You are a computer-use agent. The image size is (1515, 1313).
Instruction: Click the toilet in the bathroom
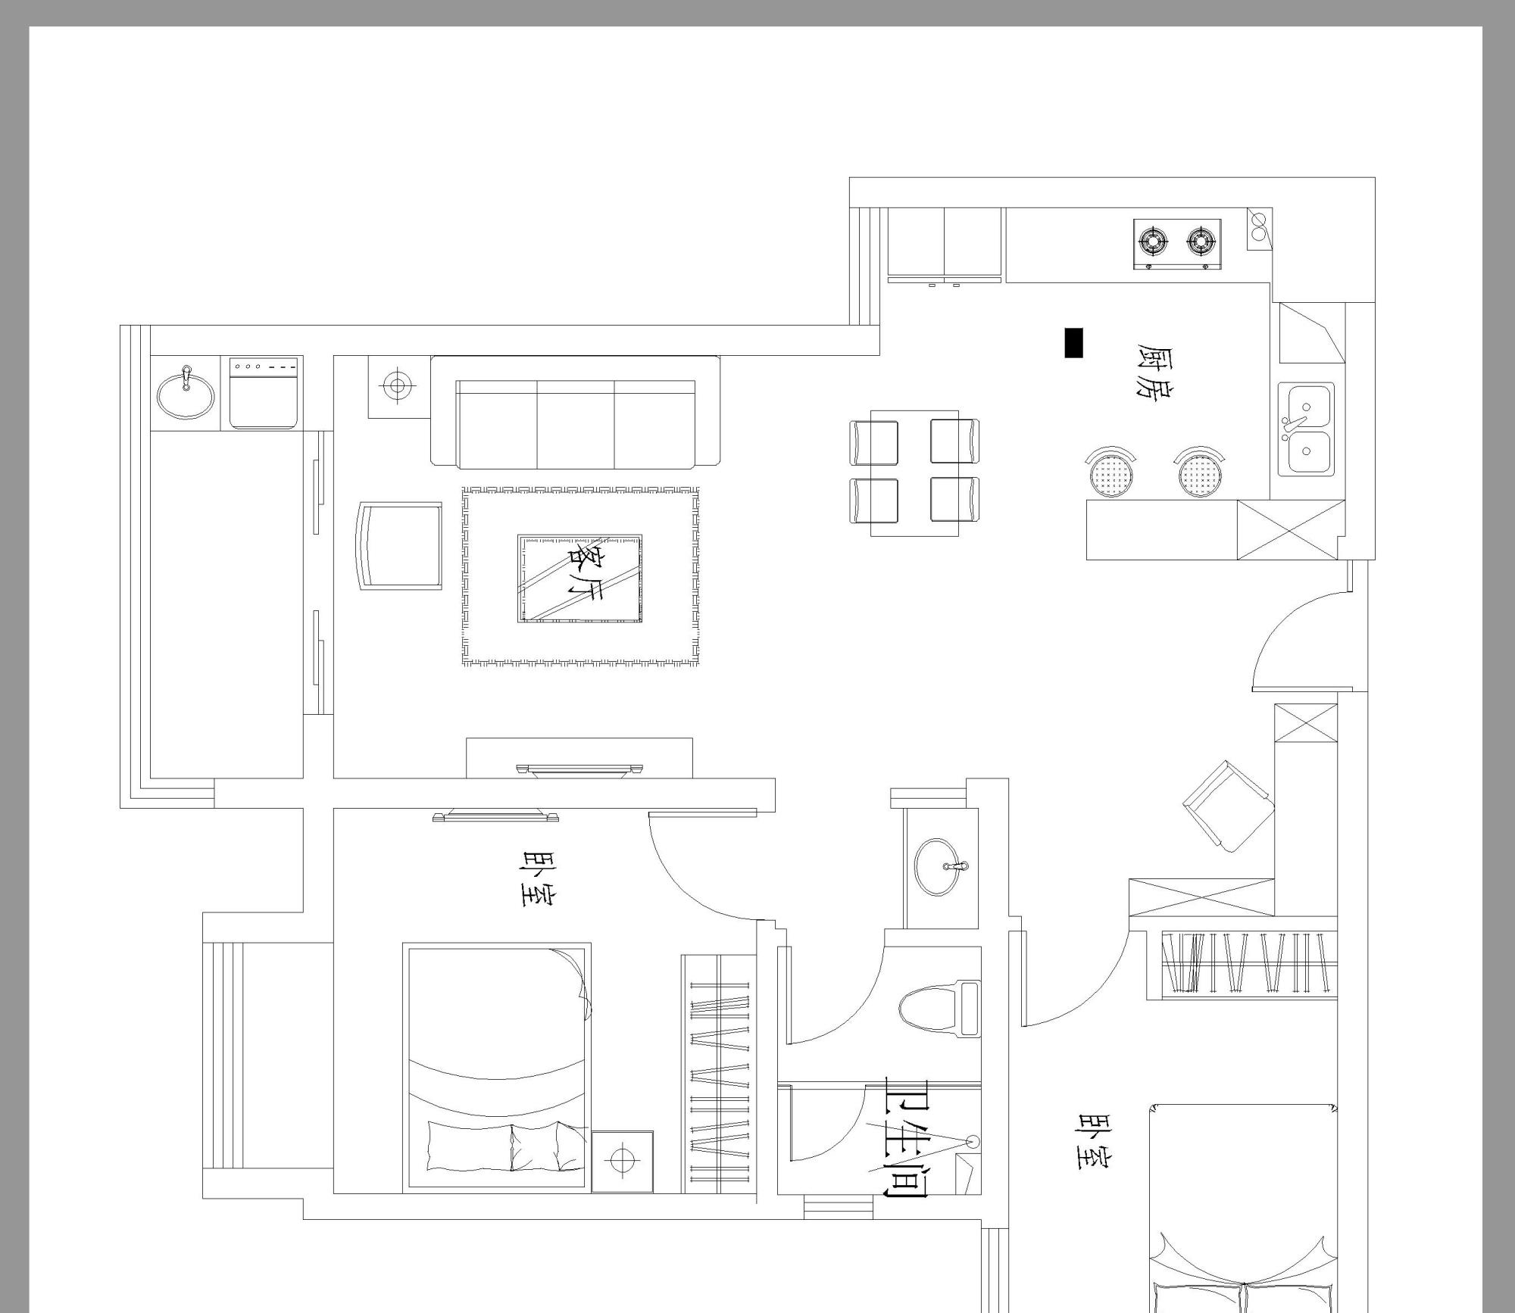(x=939, y=1008)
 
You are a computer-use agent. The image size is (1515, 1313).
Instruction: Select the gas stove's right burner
(x=1201, y=241)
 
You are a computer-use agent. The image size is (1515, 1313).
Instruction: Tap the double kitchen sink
(x=1306, y=429)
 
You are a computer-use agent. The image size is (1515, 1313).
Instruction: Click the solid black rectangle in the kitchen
(x=1073, y=342)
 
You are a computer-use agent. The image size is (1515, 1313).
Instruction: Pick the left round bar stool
(x=1111, y=474)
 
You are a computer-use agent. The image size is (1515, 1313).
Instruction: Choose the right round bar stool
(x=1200, y=474)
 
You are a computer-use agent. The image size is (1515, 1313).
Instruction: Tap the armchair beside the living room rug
(x=400, y=545)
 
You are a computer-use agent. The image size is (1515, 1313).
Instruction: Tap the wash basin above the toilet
(x=942, y=867)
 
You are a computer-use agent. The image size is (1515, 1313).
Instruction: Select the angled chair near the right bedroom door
(x=1229, y=806)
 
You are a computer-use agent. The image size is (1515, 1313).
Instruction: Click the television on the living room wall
(x=579, y=770)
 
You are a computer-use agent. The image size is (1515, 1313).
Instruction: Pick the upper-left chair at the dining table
(x=874, y=442)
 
